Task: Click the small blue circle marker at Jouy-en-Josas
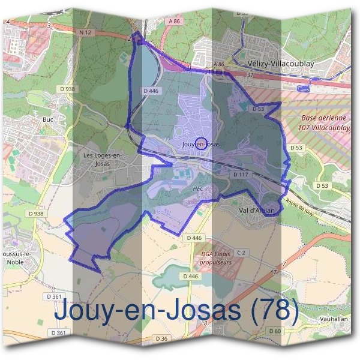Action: pos(202,144)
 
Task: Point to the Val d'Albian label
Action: pos(257,211)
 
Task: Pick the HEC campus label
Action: pos(199,188)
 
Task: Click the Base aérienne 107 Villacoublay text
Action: pos(326,123)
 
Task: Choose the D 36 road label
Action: pos(161,339)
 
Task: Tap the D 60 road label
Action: pos(275,331)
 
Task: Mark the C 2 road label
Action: pos(241,253)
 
